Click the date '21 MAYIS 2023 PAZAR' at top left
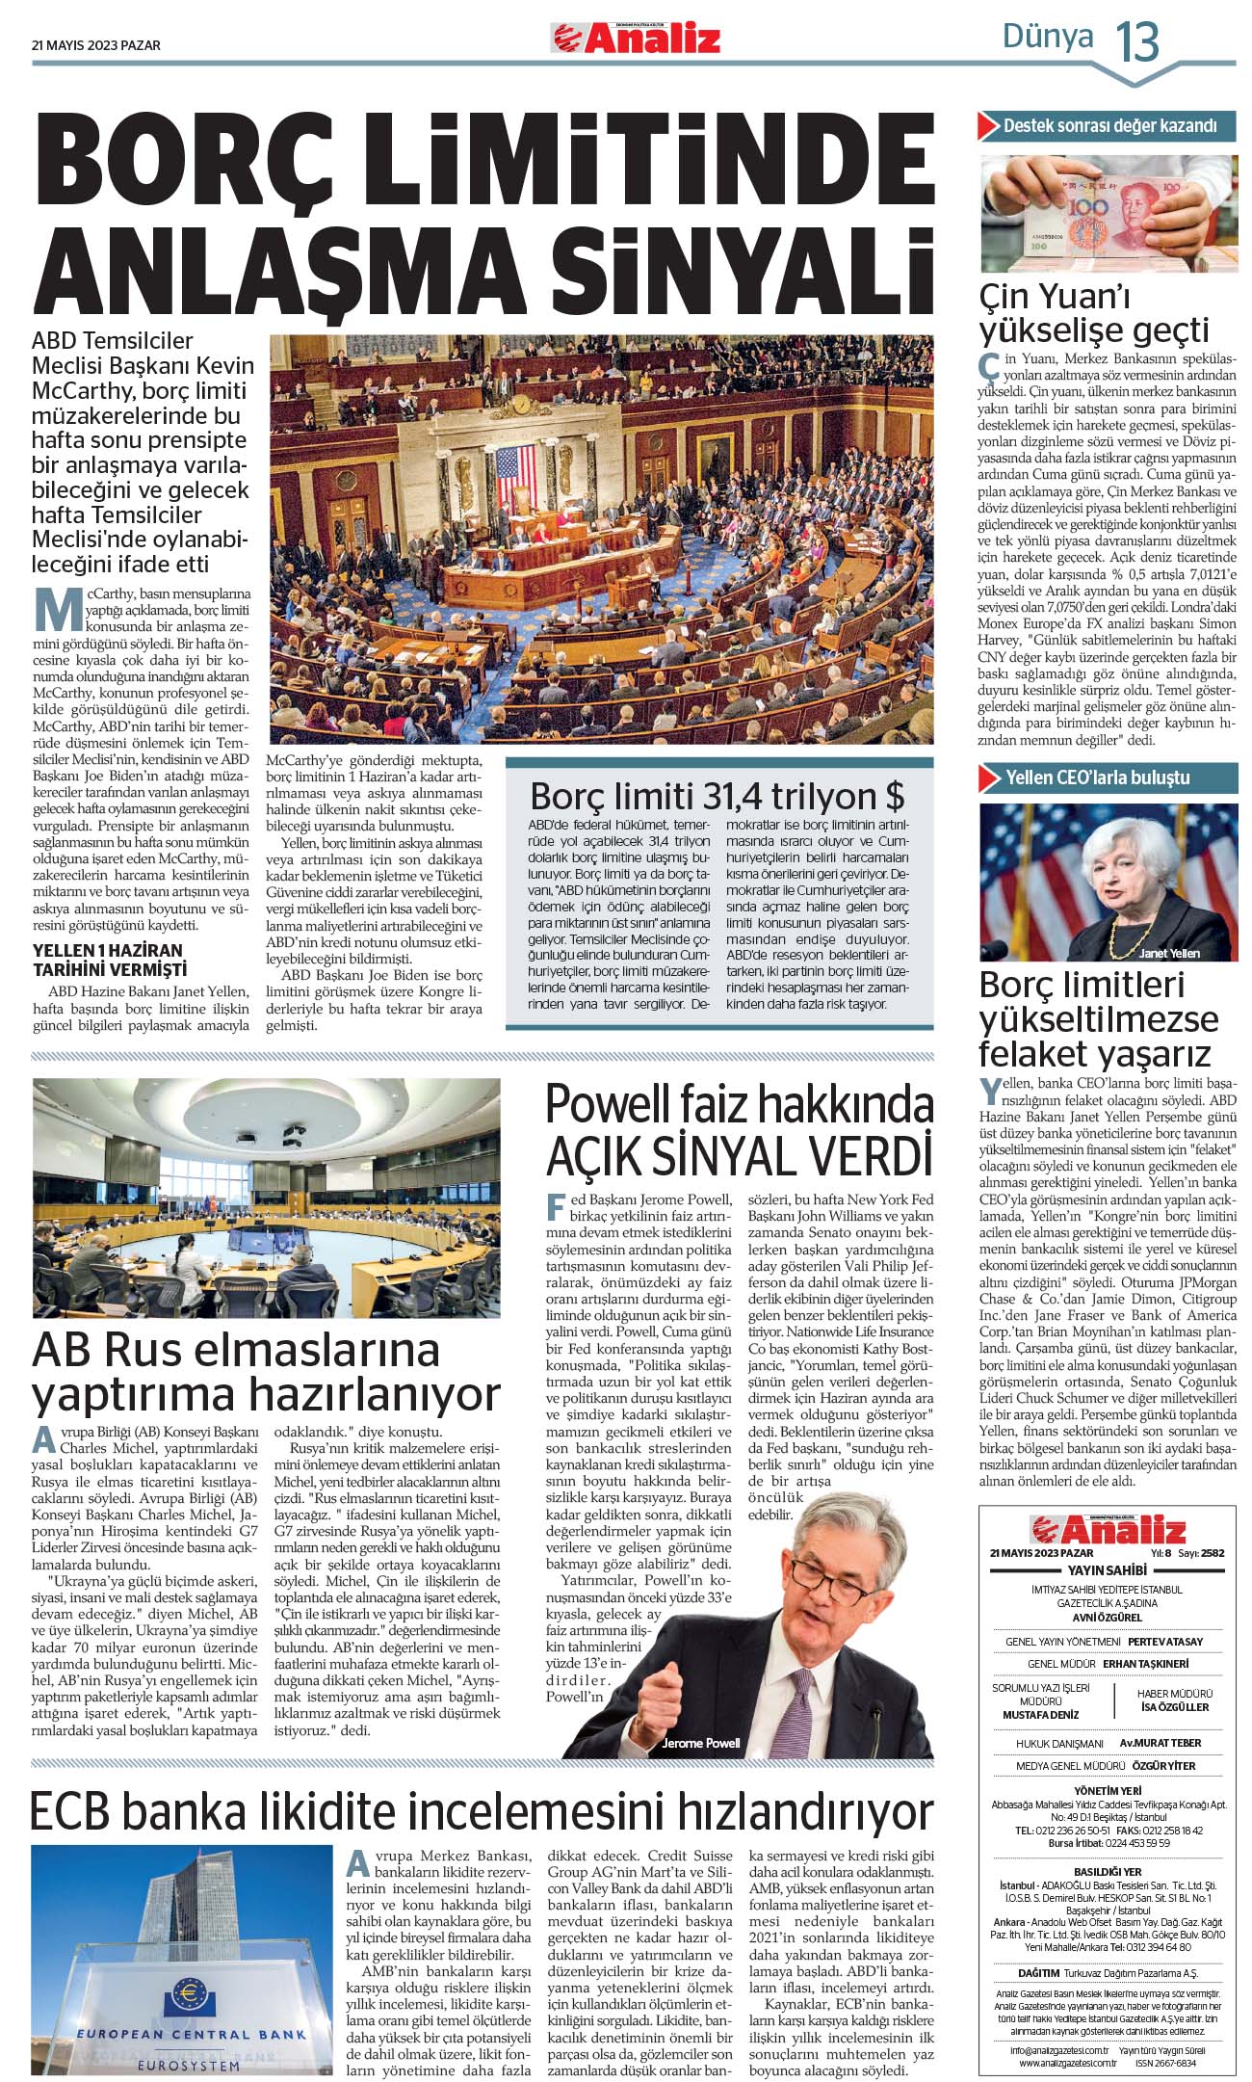click(96, 45)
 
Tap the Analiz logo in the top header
click(636, 39)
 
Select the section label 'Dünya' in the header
click(1048, 37)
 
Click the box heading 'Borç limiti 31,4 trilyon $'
click(717, 796)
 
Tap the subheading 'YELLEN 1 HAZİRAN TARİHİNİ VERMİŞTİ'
click(109, 961)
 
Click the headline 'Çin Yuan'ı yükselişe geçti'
click(1094, 312)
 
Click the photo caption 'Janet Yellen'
click(1169, 953)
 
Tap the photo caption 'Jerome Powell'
click(701, 1742)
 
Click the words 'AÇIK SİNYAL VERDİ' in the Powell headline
click(740, 1155)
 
